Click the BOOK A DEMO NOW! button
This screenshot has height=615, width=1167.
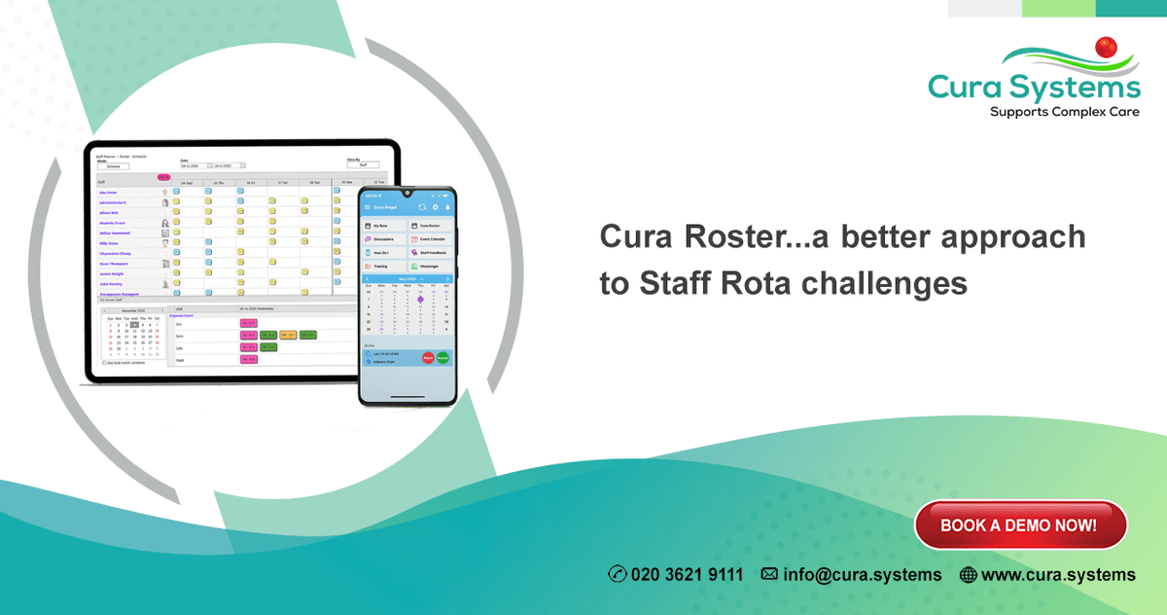point(1019,525)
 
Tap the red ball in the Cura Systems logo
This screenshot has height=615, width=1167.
point(1105,47)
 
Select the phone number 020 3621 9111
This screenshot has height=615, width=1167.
point(687,574)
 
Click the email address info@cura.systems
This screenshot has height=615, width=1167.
point(862,574)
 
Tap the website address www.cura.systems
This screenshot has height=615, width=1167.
point(1058,574)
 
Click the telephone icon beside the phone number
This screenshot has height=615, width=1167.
point(618,574)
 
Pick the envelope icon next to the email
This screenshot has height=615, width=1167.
point(769,574)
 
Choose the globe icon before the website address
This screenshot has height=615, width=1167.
point(968,574)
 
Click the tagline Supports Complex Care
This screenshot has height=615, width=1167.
point(1064,113)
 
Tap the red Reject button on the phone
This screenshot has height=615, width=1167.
point(427,358)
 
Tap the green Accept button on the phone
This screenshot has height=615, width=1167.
point(442,358)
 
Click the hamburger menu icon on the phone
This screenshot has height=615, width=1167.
point(367,207)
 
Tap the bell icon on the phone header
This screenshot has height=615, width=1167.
point(447,207)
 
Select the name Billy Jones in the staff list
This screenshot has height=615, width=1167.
point(108,242)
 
